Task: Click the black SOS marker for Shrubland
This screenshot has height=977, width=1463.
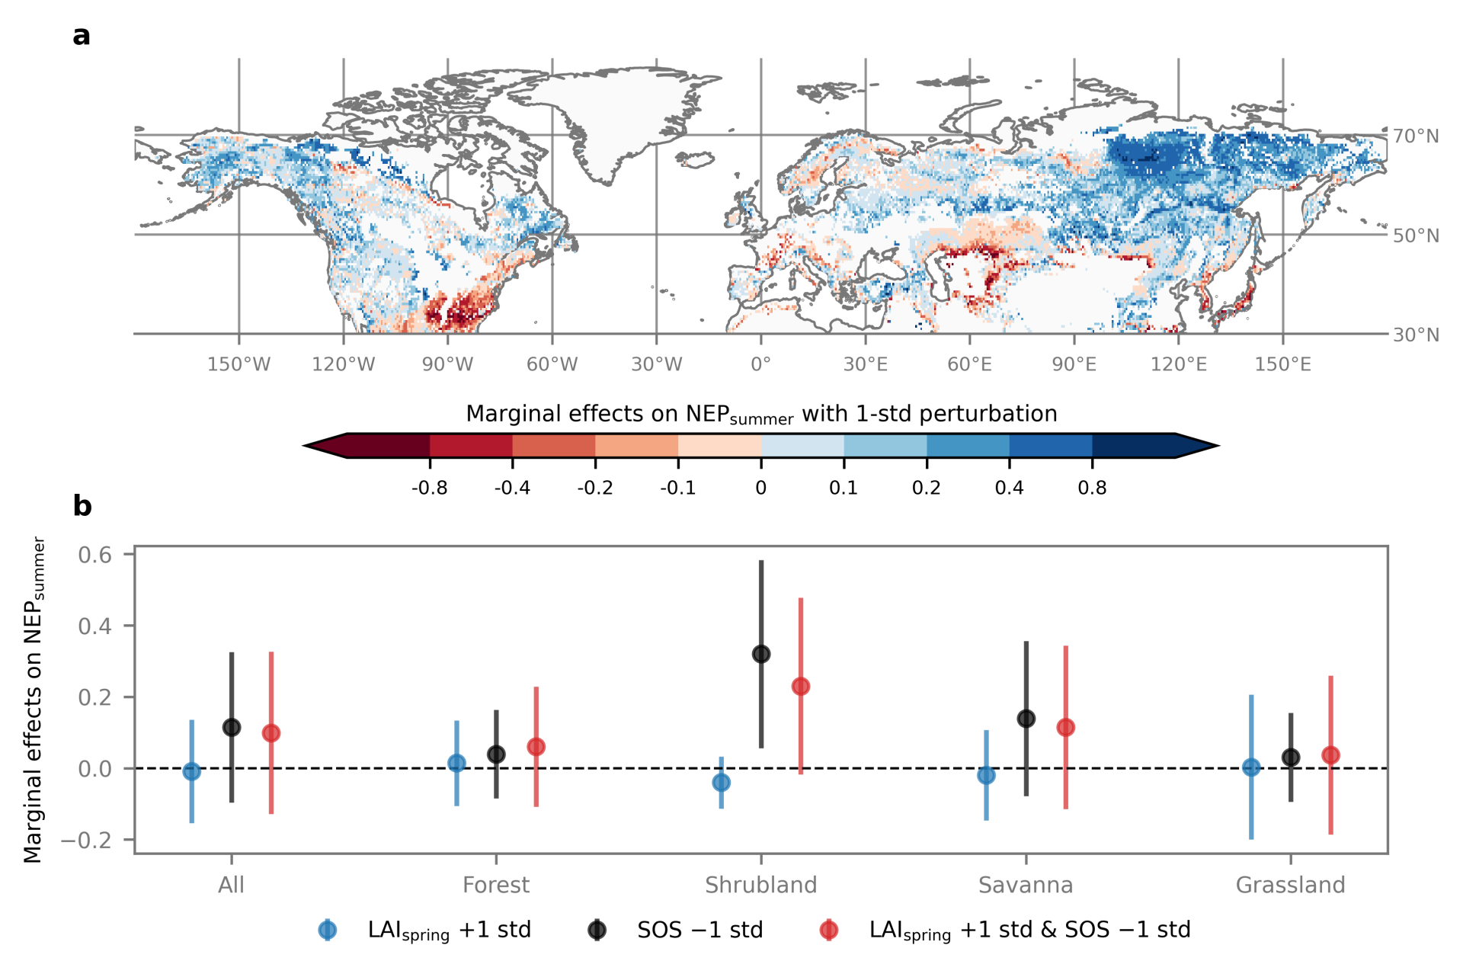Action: click(760, 654)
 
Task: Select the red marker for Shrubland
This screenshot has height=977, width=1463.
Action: click(800, 687)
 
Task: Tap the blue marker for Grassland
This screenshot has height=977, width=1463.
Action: click(1251, 767)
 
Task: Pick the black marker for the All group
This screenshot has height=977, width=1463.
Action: click(232, 728)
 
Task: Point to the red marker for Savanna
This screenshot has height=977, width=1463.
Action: click(1065, 728)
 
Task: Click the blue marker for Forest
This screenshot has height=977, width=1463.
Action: click(456, 763)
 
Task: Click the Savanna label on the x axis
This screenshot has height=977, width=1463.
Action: click(1026, 885)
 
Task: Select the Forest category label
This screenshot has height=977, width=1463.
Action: click(496, 885)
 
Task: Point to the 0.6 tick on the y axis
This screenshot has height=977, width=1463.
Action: click(95, 555)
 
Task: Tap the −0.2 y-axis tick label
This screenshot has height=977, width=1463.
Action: click(86, 840)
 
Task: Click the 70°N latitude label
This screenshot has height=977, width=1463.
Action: click(1416, 136)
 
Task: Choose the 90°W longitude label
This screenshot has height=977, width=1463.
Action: click(447, 364)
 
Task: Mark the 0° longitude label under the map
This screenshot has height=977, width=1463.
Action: click(760, 364)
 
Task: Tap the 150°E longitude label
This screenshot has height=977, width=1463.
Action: click(1283, 364)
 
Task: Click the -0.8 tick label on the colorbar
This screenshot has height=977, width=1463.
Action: click(430, 488)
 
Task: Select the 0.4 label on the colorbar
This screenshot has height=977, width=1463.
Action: click(1009, 488)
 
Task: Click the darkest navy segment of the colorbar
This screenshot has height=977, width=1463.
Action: click(1133, 445)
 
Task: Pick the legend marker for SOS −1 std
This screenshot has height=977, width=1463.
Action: click(597, 930)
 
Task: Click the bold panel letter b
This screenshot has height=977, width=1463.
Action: click(82, 506)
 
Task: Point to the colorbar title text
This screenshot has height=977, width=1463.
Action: click(761, 414)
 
